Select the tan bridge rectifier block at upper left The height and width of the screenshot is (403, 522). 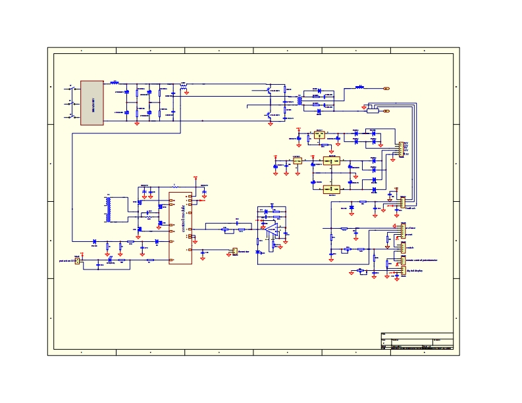coord(92,103)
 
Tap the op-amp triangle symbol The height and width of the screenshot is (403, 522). coord(271,230)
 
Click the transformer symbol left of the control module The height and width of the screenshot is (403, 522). coord(109,209)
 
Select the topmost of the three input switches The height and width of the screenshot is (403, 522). coord(70,87)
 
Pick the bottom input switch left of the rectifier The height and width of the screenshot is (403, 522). coord(70,117)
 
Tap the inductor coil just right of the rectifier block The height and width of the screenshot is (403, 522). coord(114,83)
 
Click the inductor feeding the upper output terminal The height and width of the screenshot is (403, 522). coord(359,87)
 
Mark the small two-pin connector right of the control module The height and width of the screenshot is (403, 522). coord(234,250)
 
